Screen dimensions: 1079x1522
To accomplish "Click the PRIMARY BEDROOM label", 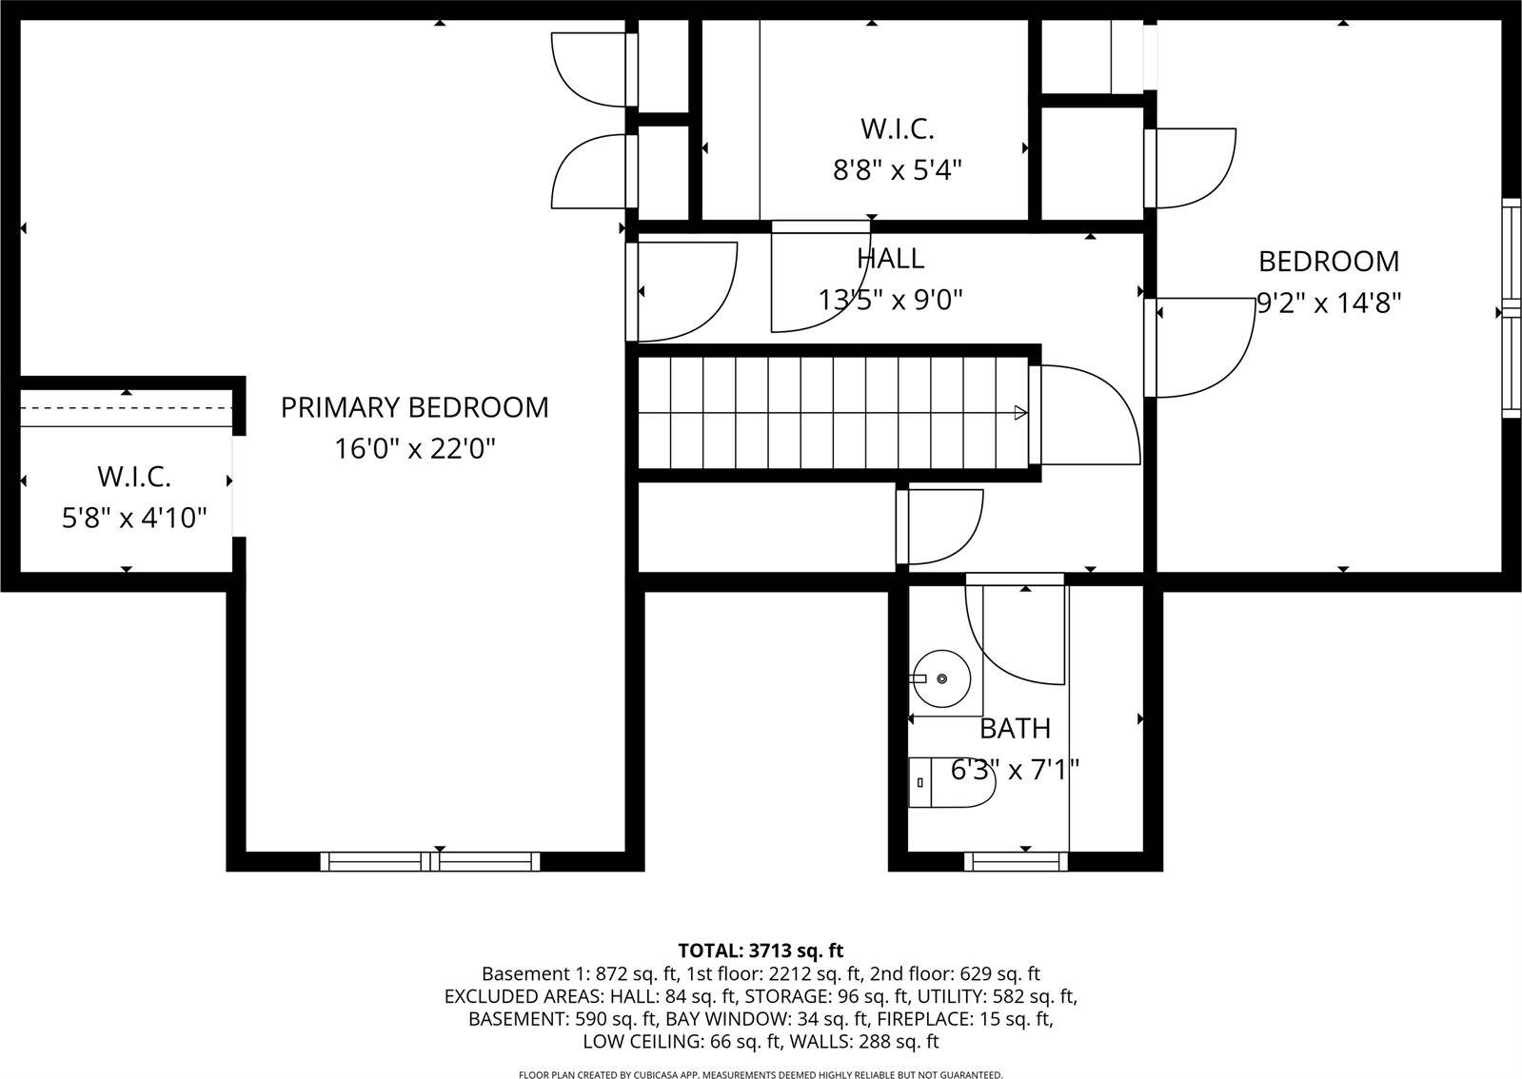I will pyautogui.click(x=414, y=407).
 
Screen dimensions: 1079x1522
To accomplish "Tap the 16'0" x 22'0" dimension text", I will pyautogui.click(x=414, y=448).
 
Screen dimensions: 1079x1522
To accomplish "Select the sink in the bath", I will pyautogui.click(x=940, y=678).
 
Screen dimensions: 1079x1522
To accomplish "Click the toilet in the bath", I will pyautogui.click(x=952, y=783).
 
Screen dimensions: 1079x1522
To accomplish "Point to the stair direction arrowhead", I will pyautogui.click(x=1020, y=412).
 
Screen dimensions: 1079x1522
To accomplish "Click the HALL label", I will pyautogui.click(x=890, y=259).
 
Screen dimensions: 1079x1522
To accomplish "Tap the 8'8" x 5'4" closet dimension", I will pyautogui.click(x=898, y=170).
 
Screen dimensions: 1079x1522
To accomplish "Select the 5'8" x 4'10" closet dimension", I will pyautogui.click(x=134, y=519).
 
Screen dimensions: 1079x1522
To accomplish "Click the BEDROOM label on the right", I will pyautogui.click(x=1329, y=261).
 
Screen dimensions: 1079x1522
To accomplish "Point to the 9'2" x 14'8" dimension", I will pyautogui.click(x=1329, y=303).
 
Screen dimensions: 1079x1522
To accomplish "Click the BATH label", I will pyautogui.click(x=1015, y=729).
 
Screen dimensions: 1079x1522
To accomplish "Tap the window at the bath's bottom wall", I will pyautogui.click(x=1015, y=861).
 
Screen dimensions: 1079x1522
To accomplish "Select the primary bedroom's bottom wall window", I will pyautogui.click(x=430, y=861).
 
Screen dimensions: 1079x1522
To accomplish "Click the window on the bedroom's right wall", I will pyautogui.click(x=1511, y=309).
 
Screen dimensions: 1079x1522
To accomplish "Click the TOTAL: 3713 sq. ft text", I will pyautogui.click(x=761, y=950).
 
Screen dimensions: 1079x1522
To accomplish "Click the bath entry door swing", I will pyautogui.click(x=1014, y=633).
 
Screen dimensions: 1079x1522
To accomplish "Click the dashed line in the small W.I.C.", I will pyautogui.click(x=126, y=406).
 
